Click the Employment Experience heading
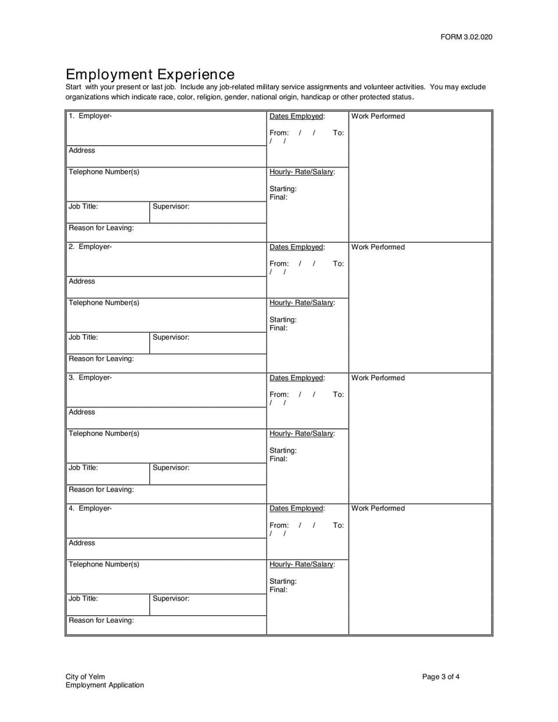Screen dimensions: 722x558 tap(150, 74)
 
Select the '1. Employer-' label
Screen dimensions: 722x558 tap(90, 116)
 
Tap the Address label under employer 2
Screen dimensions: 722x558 tap(82, 281)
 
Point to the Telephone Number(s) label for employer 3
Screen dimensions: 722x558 tap(103, 433)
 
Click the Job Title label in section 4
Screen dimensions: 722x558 tap(83, 598)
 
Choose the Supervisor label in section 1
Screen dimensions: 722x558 tap(171, 206)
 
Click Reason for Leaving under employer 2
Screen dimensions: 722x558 tap(101, 359)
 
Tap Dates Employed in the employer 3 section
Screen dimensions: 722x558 tap(297, 377)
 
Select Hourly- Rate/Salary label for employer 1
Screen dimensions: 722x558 tap(302, 172)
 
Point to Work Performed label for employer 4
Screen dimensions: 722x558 tap(377, 508)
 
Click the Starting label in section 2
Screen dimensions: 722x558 tap(282, 319)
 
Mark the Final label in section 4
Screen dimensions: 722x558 tap(278, 589)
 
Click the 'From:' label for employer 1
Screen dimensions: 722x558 tap(279, 133)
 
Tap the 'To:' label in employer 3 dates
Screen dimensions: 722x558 tap(338, 394)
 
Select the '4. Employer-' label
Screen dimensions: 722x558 tap(90, 508)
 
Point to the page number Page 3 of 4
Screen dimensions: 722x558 tap(441, 677)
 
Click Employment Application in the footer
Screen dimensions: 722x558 tap(105, 685)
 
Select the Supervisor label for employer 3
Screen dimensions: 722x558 tap(171, 467)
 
